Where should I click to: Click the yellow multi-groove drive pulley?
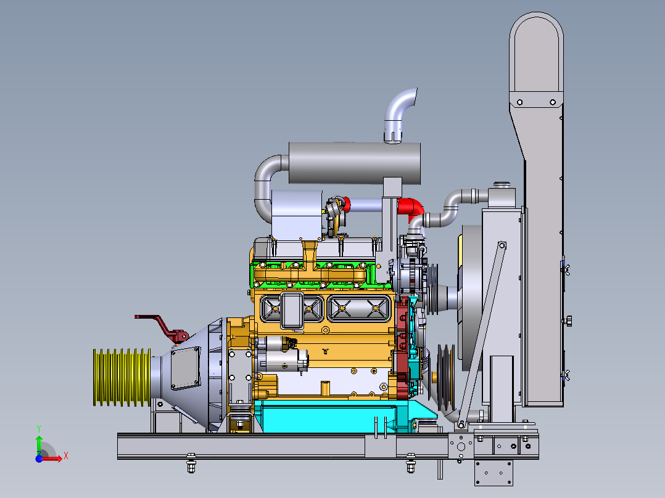[x=122, y=377]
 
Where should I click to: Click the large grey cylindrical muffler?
[x=355, y=163]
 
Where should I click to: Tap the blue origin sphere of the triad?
[x=39, y=459]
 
